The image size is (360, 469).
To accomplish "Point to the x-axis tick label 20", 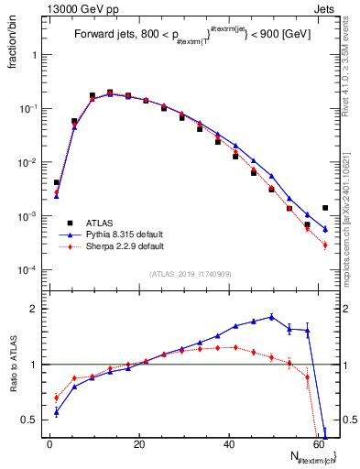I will [x=139, y=444].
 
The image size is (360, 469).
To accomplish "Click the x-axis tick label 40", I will [x=229, y=444].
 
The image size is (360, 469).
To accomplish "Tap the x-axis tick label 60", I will [x=319, y=444].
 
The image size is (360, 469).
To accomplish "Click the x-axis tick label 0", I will [x=49, y=444].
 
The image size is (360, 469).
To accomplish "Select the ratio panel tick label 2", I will [x=34, y=309].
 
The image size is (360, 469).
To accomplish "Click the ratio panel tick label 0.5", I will [x=30, y=420].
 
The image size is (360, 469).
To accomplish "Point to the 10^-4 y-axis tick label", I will [x=27, y=271].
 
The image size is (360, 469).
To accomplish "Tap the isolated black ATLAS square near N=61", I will [x=325, y=208].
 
